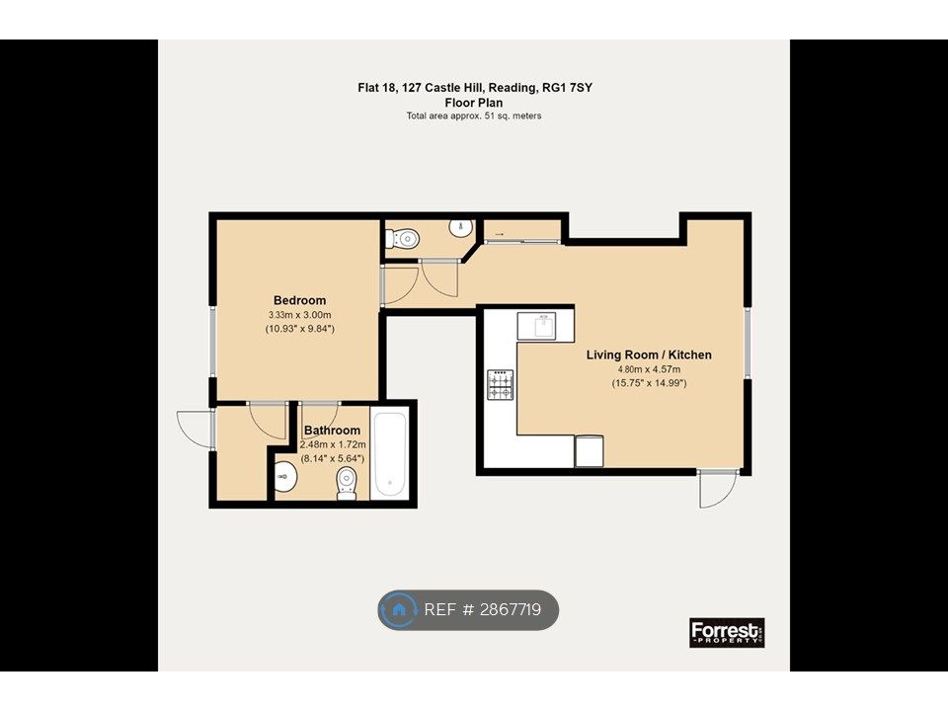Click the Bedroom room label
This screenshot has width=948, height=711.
(x=300, y=300)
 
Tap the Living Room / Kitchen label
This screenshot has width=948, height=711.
(x=649, y=355)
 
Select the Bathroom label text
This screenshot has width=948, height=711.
(x=332, y=431)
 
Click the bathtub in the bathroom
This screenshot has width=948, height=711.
(x=389, y=453)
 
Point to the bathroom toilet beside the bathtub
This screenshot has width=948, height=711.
(x=347, y=485)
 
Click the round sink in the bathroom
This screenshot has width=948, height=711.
(x=284, y=477)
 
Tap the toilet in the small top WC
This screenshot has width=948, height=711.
(x=402, y=238)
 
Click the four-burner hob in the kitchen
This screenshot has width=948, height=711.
(x=501, y=385)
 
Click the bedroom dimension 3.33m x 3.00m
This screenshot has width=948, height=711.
(x=300, y=315)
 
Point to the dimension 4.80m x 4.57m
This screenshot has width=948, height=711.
(x=649, y=369)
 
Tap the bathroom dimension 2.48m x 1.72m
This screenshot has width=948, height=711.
(x=333, y=445)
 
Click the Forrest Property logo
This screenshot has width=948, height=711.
(x=728, y=632)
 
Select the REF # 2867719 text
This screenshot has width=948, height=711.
(x=483, y=609)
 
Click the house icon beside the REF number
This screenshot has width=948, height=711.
(x=398, y=609)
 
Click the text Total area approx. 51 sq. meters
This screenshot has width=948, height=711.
(x=474, y=116)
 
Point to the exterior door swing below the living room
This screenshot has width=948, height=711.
(x=718, y=489)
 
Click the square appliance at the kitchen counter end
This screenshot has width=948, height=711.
(x=589, y=451)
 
